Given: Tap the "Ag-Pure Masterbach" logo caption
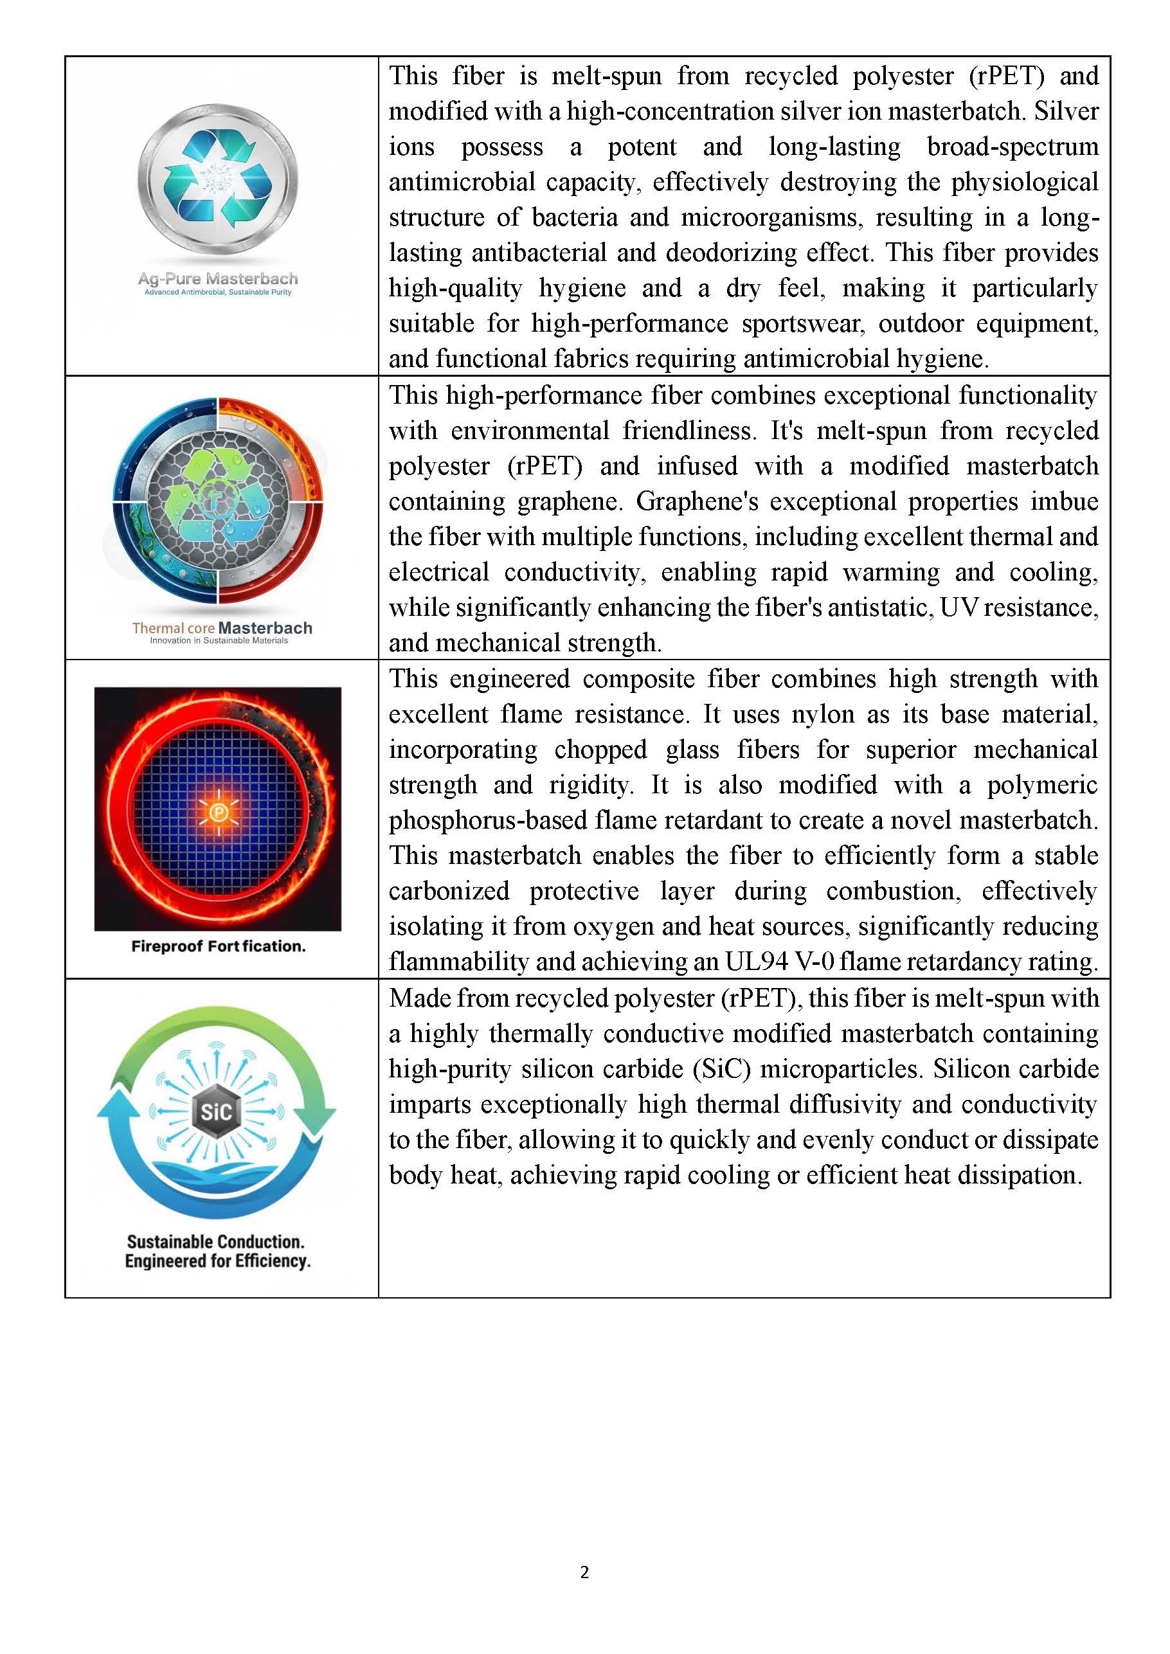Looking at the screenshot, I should [x=217, y=279].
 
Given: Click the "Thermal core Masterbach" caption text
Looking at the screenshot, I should [x=222, y=627].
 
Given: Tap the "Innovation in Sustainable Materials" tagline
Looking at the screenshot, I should [x=219, y=640].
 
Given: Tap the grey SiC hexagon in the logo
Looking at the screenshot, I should [x=216, y=1112].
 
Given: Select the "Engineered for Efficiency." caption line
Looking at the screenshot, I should [x=217, y=1261].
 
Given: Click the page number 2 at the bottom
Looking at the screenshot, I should [x=584, y=1572].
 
